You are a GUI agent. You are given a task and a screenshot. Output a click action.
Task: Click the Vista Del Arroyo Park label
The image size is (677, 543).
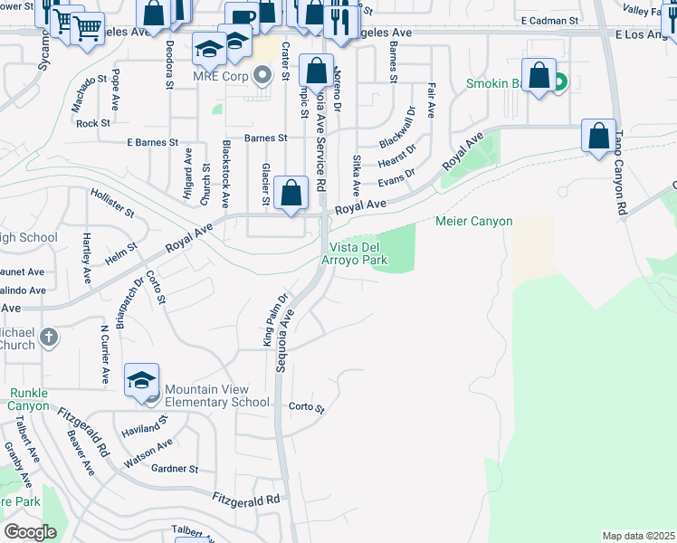click(358, 253)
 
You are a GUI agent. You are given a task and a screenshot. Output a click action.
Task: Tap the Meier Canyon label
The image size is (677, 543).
click(474, 222)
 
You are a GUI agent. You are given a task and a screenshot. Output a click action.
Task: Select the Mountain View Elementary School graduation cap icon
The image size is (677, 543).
click(141, 381)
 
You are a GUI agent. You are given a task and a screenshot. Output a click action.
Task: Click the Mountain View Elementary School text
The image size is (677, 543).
click(217, 395)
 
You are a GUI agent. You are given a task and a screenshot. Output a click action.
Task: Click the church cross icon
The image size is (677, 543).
click(49, 338)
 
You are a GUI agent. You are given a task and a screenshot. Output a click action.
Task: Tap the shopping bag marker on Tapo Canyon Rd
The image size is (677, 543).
click(598, 138)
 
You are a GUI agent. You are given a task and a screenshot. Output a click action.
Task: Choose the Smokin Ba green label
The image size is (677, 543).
click(496, 84)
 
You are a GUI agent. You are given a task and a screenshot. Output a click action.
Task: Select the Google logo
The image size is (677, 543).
click(30, 532)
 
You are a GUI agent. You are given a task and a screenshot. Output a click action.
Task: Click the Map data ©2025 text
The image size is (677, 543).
click(638, 536)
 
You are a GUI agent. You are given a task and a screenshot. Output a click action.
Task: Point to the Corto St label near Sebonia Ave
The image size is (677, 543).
click(306, 408)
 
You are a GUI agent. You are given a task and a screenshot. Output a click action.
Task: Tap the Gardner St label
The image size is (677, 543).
click(175, 469)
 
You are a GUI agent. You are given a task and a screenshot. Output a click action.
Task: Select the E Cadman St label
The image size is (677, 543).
click(549, 20)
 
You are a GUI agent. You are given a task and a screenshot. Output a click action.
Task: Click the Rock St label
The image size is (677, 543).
click(93, 123)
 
